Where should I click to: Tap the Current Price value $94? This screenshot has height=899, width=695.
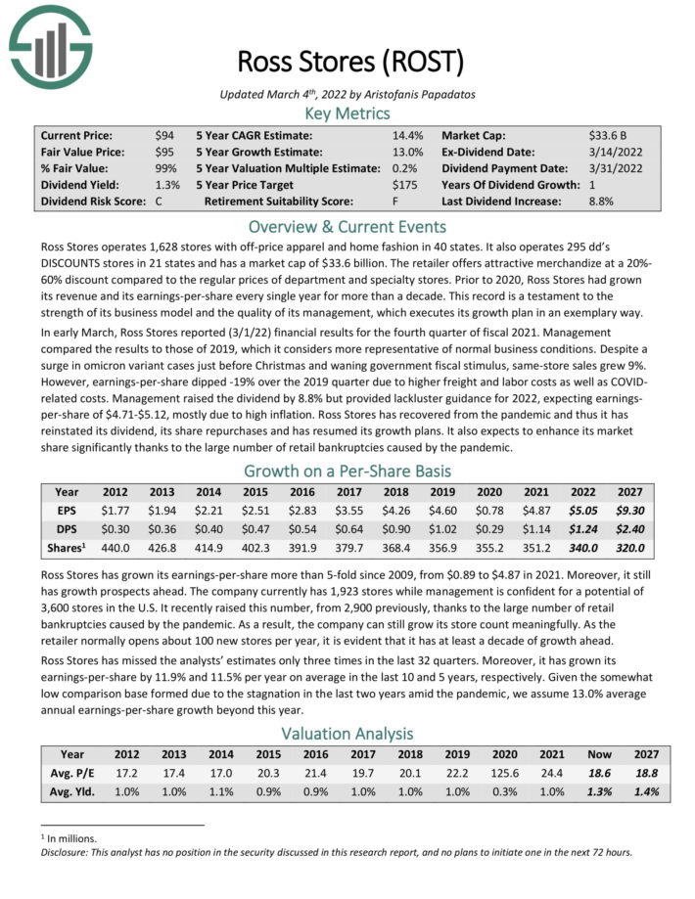click(164, 135)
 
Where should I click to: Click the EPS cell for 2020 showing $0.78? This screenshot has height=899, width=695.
click(489, 509)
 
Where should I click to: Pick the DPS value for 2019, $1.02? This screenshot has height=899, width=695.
click(444, 527)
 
